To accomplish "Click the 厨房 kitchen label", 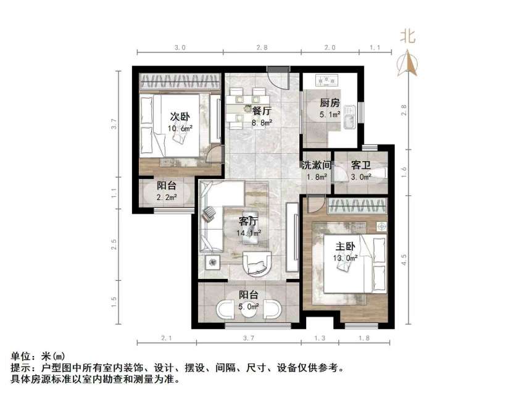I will [x=329, y=103].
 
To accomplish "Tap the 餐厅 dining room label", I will [x=262, y=111].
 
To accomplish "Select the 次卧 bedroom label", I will [x=180, y=117].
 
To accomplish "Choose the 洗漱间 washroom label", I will [x=317, y=165].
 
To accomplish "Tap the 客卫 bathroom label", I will [x=360, y=165].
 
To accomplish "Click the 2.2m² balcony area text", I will [x=167, y=197].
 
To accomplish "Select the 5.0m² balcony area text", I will [x=249, y=306].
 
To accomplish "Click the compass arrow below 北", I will [x=408, y=63].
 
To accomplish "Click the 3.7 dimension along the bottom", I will [x=249, y=337].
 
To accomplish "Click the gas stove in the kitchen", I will [x=326, y=80].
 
